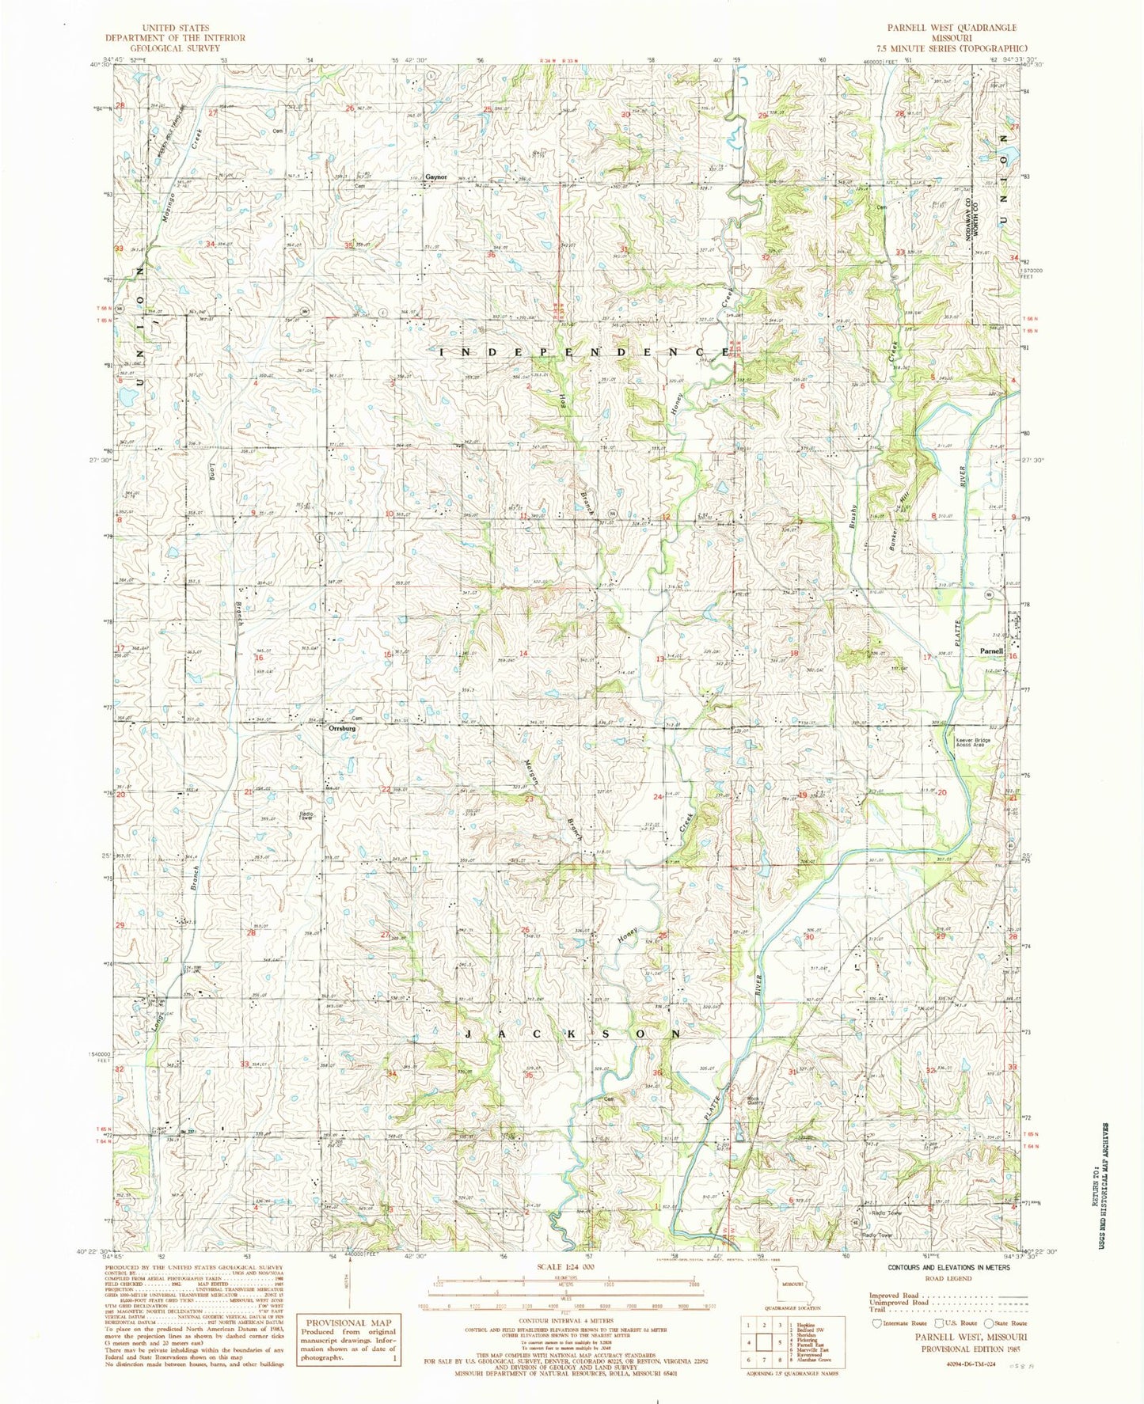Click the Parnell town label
click(991, 651)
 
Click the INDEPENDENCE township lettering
click(582, 351)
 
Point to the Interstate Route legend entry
click(899, 1322)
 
